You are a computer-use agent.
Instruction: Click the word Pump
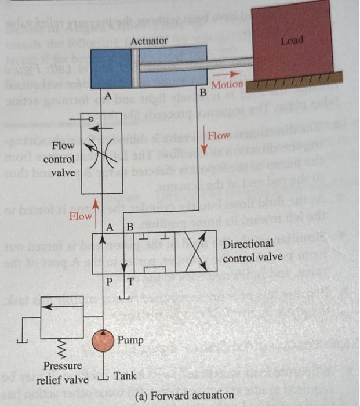(x=130, y=338)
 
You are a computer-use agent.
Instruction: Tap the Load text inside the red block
(x=292, y=42)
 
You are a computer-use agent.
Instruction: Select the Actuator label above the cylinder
(x=149, y=41)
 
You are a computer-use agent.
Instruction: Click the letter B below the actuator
(x=203, y=93)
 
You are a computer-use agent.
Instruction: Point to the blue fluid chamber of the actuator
(x=111, y=68)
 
